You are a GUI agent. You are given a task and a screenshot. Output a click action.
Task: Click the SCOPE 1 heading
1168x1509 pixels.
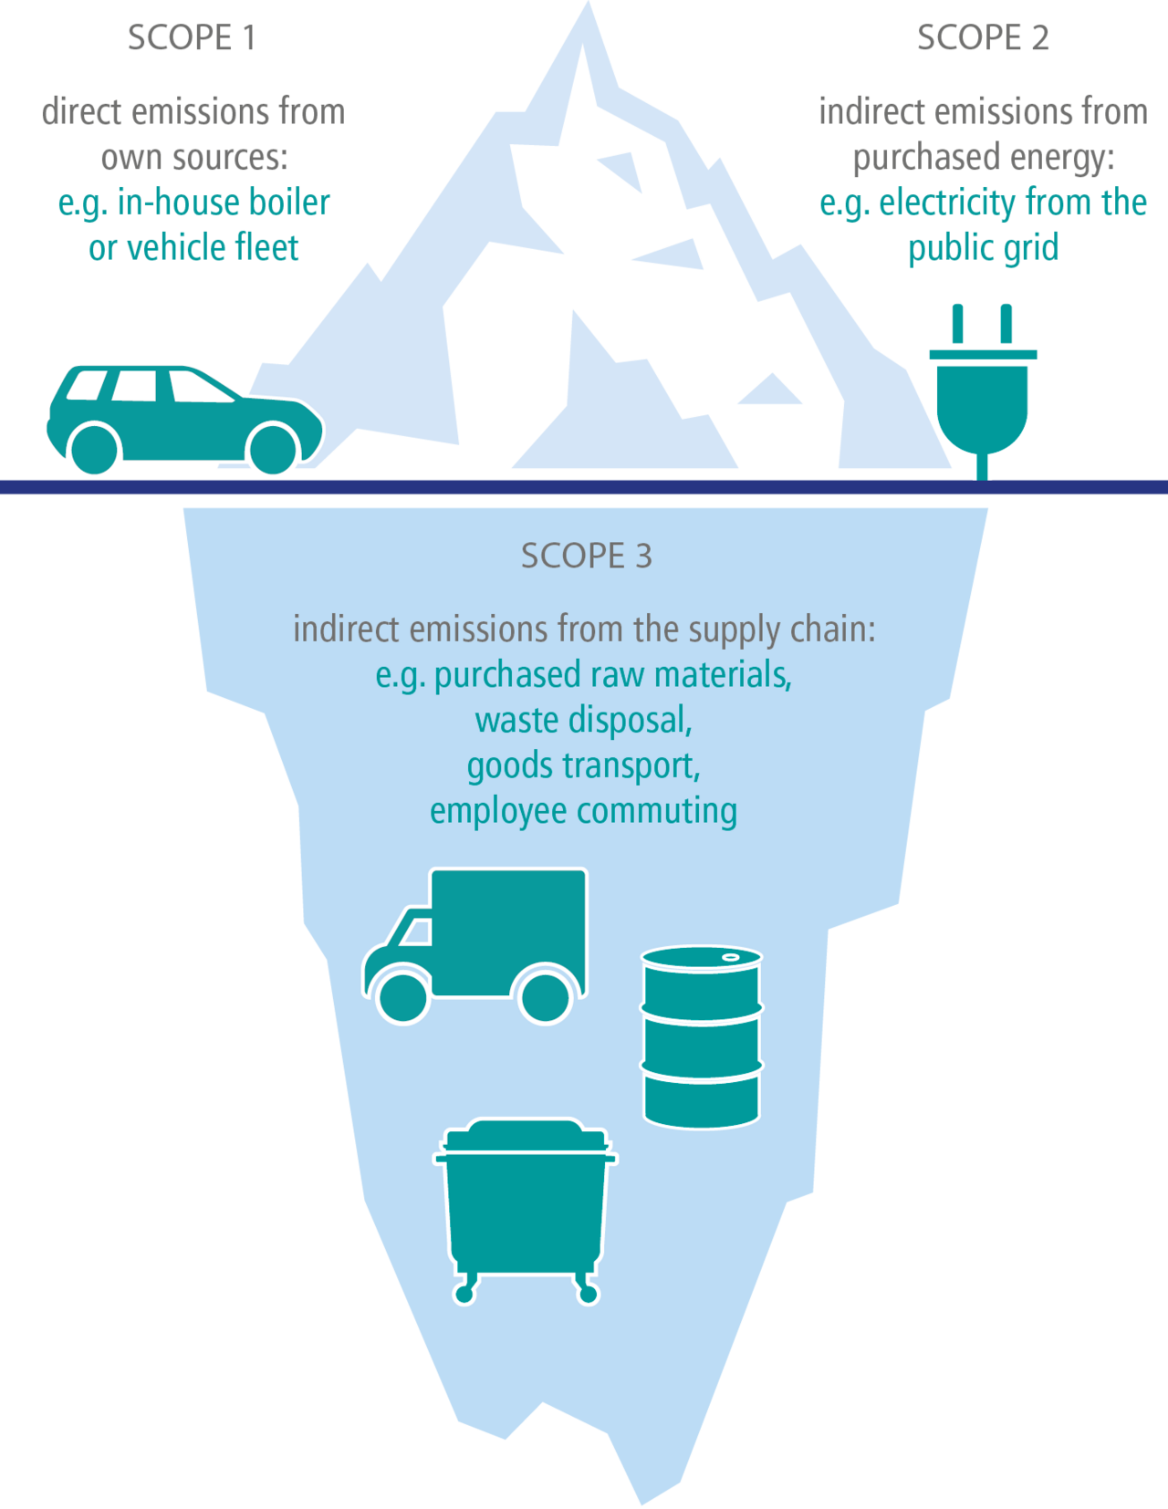[191, 38]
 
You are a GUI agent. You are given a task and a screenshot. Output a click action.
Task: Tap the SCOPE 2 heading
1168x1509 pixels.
[983, 38]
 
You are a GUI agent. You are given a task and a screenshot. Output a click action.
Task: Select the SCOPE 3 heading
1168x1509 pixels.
[586, 556]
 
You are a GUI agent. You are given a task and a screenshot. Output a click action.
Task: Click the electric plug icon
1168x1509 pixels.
[982, 392]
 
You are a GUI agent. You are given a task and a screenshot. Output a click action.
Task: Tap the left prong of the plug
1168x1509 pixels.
[956, 323]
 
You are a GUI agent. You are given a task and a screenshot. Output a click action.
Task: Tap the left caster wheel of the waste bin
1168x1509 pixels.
[464, 1293]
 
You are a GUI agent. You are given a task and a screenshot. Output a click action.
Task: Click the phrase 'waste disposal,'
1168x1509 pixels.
[584, 720]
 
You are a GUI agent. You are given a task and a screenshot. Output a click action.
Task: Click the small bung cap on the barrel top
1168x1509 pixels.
[731, 956]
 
